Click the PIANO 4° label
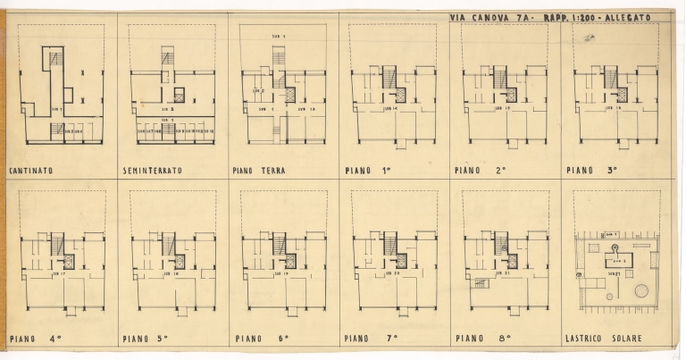pos(34,339)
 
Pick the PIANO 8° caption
pos(481,339)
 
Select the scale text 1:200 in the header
pos(565,17)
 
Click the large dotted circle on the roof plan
pos(640,290)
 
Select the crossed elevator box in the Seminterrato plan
pos(178,93)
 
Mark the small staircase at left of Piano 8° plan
pos(479,283)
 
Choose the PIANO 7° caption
pos(369,339)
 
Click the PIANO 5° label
pos(147,339)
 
